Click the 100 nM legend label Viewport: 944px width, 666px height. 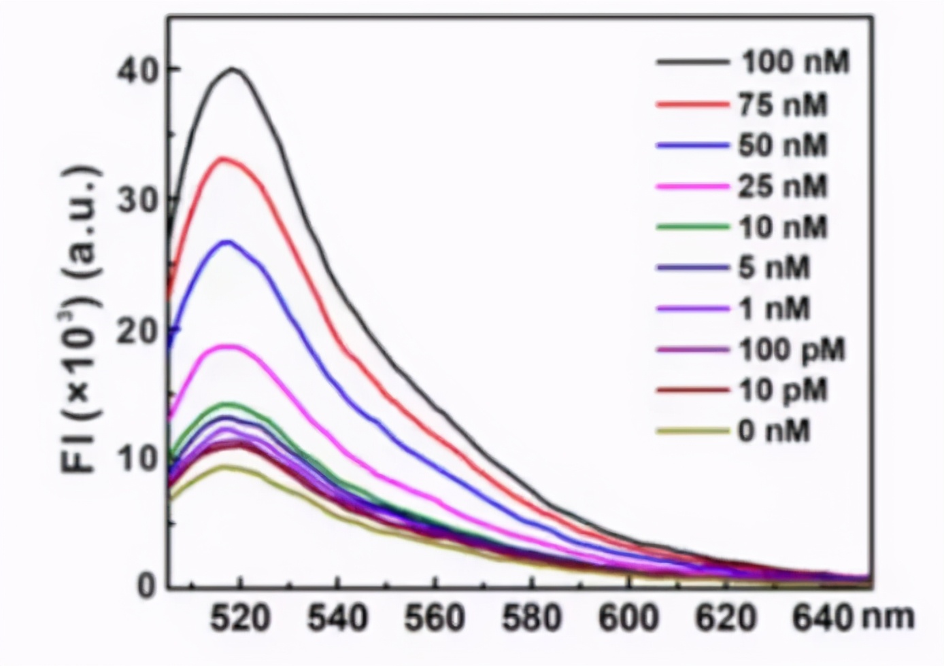tap(794, 63)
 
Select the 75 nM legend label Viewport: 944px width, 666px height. tap(783, 105)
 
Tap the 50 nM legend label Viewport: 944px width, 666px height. tap(783, 145)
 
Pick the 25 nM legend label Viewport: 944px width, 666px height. tap(783, 186)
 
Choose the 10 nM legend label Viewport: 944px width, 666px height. tap(783, 226)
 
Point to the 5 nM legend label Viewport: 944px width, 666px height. tap(774, 267)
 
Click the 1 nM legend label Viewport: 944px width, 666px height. tap(774, 309)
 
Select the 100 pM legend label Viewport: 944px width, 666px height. tap(792, 350)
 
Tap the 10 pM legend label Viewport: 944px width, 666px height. tap(783, 391)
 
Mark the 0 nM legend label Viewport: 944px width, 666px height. tap(774, 432)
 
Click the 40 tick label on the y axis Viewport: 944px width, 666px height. tap(138, 70)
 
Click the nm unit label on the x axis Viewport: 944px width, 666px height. tap(888, 617)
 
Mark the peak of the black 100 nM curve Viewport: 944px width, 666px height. tap(233, 69)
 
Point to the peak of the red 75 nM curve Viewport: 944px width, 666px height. tap(224, 158)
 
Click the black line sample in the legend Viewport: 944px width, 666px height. tap(692, 63)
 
